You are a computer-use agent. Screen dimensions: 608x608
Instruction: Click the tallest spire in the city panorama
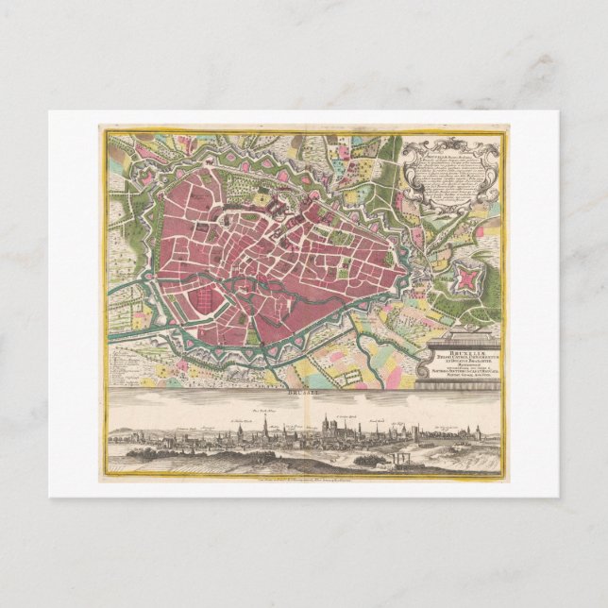tap(267, 426)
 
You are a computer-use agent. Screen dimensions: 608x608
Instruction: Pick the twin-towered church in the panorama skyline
tap(327, 427)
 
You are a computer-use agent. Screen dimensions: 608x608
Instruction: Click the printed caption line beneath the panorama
tap(304, 479)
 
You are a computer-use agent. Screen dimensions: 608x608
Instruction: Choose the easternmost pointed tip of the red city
tap(408, 274)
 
